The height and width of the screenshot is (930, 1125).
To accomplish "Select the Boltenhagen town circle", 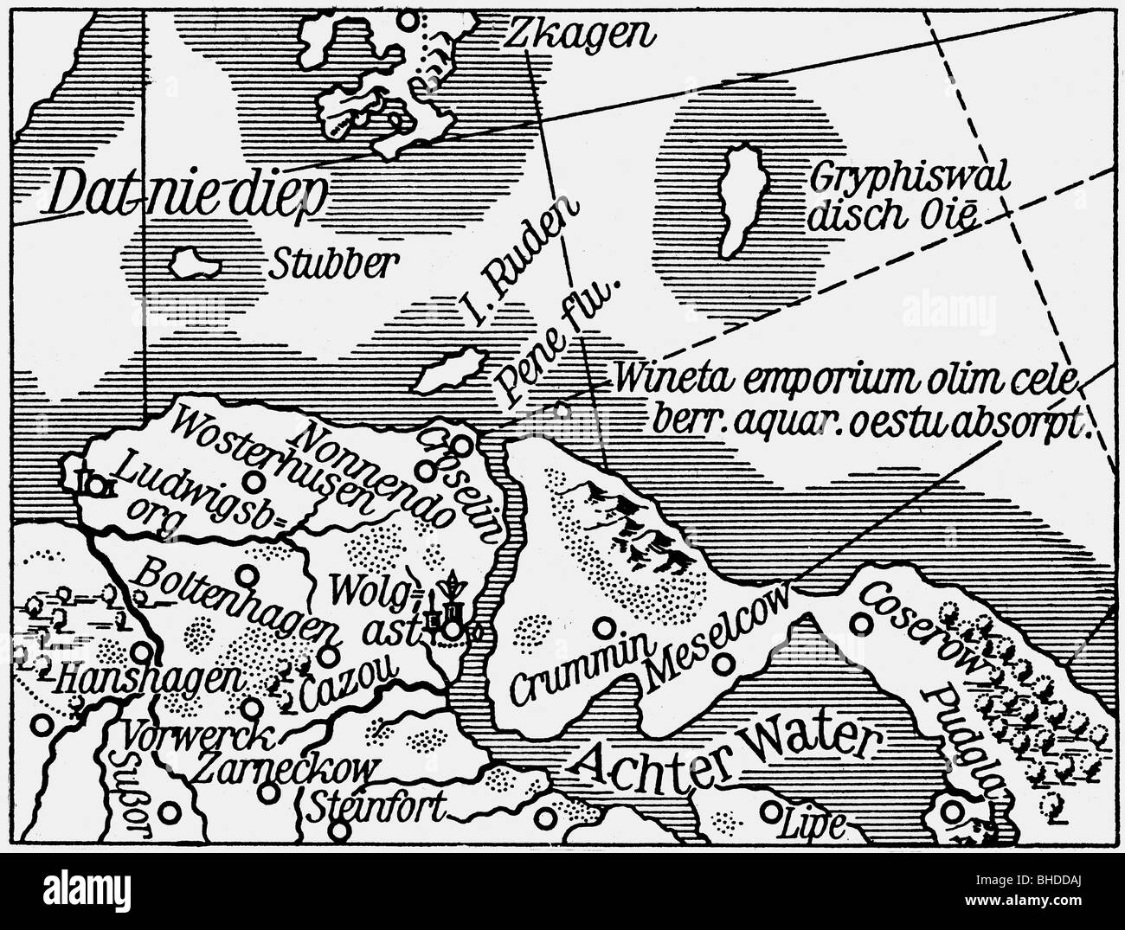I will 248,574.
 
